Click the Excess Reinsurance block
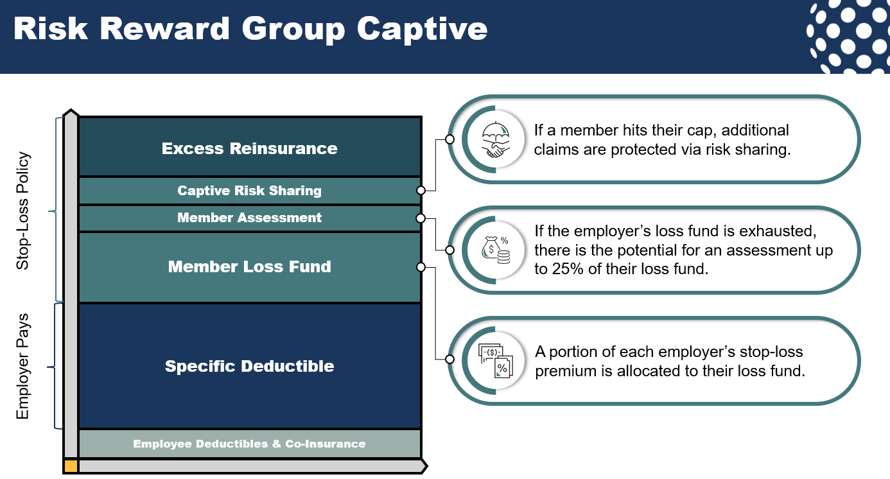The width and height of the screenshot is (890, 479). (x=249, y=148)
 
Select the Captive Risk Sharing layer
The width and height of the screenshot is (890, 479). (x=249, y=191)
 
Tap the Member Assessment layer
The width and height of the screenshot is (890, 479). (x=249, y=218)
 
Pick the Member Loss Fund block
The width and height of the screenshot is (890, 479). (x=249, y=266)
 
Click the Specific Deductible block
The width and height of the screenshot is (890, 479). (x=249, y=366)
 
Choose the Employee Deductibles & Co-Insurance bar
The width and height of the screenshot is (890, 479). (x=249, y=444)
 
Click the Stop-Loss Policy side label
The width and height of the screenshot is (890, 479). (x=23, y=211)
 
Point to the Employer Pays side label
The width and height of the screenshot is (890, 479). (x=23, y=367)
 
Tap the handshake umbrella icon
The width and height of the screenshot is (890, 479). (x=494, y=139)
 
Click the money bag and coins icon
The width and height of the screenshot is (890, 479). (x=494, y=250)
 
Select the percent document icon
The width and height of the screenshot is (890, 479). (x=494, y=360)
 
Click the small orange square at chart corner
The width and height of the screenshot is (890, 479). (x=71, y=466)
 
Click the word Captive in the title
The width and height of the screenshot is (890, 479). (x=422, y=29)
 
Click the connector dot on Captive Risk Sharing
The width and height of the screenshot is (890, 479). (x=421, y=191)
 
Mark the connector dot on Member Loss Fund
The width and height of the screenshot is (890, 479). (x=421, y=266)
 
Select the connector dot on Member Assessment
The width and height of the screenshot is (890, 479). (x=421, y=218)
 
